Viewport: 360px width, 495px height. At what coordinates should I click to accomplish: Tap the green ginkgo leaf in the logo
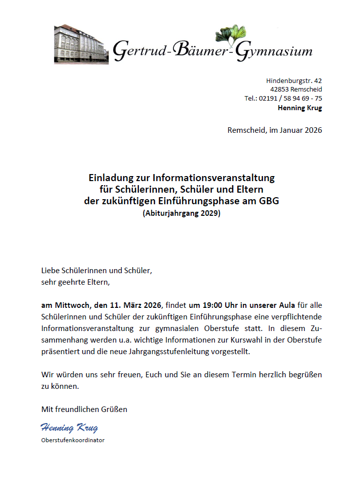[x=232, y=33]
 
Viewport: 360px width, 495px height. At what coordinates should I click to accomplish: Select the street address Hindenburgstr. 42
[x=294, y=80]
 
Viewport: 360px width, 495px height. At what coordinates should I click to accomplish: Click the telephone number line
[x=284, y=99]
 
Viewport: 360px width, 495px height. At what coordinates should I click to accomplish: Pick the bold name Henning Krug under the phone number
[x=300, y=108]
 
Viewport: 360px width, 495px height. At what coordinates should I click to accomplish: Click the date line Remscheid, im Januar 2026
[x=275, y=130]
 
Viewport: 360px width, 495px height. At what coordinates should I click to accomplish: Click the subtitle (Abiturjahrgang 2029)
[x=182, y=213]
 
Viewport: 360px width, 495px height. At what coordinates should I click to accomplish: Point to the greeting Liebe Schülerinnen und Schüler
[x=97, y=270]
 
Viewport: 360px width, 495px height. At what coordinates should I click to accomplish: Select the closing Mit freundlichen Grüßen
[x=84, y=409]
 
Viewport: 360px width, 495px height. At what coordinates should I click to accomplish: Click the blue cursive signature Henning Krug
[x=69, y=428]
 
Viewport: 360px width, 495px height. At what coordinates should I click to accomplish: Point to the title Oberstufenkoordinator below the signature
[x=72, y=440]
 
